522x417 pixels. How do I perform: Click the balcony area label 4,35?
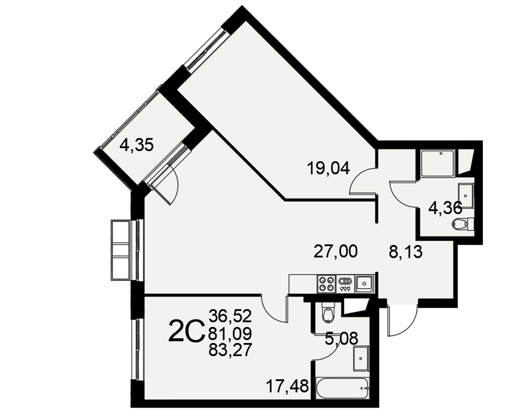pyautogui.click(x=136, y=145)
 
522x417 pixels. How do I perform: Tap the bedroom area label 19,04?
pyautogui.click(x=328, y=168)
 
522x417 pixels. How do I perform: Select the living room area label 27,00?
pyautogui.click(x=336, y=251)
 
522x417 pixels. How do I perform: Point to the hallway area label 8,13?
pyautogui.click(x=406, y=252)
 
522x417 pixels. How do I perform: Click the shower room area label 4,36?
pyautogui.click(x=445, y=209)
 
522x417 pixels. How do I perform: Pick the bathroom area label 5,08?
pyautogui.click(x=341, y=339)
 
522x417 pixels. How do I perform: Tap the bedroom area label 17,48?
pyautogui.click(x=287, y=386)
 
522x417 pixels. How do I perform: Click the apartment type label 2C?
pyautogui.click(x=186, y=330)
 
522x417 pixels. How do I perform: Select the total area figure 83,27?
pyautogui.click(x=230, y=350)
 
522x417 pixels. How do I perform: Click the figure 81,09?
pyautogui.click(x=230, y=333)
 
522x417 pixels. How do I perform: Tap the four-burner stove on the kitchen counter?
pyautogui.click(x=327, y=284)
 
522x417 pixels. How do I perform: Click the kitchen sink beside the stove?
pyautogui.click(x=364, y=284)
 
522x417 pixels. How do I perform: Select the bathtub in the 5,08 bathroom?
pyautogui.click(x=342, y=388)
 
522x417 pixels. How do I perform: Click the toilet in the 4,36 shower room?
pyautogui.click(x=462, y=224)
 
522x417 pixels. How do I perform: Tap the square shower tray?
pyautogui.click(x=437, y=163)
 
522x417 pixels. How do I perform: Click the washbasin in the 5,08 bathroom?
pyautogui.click(x=361, y=359)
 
